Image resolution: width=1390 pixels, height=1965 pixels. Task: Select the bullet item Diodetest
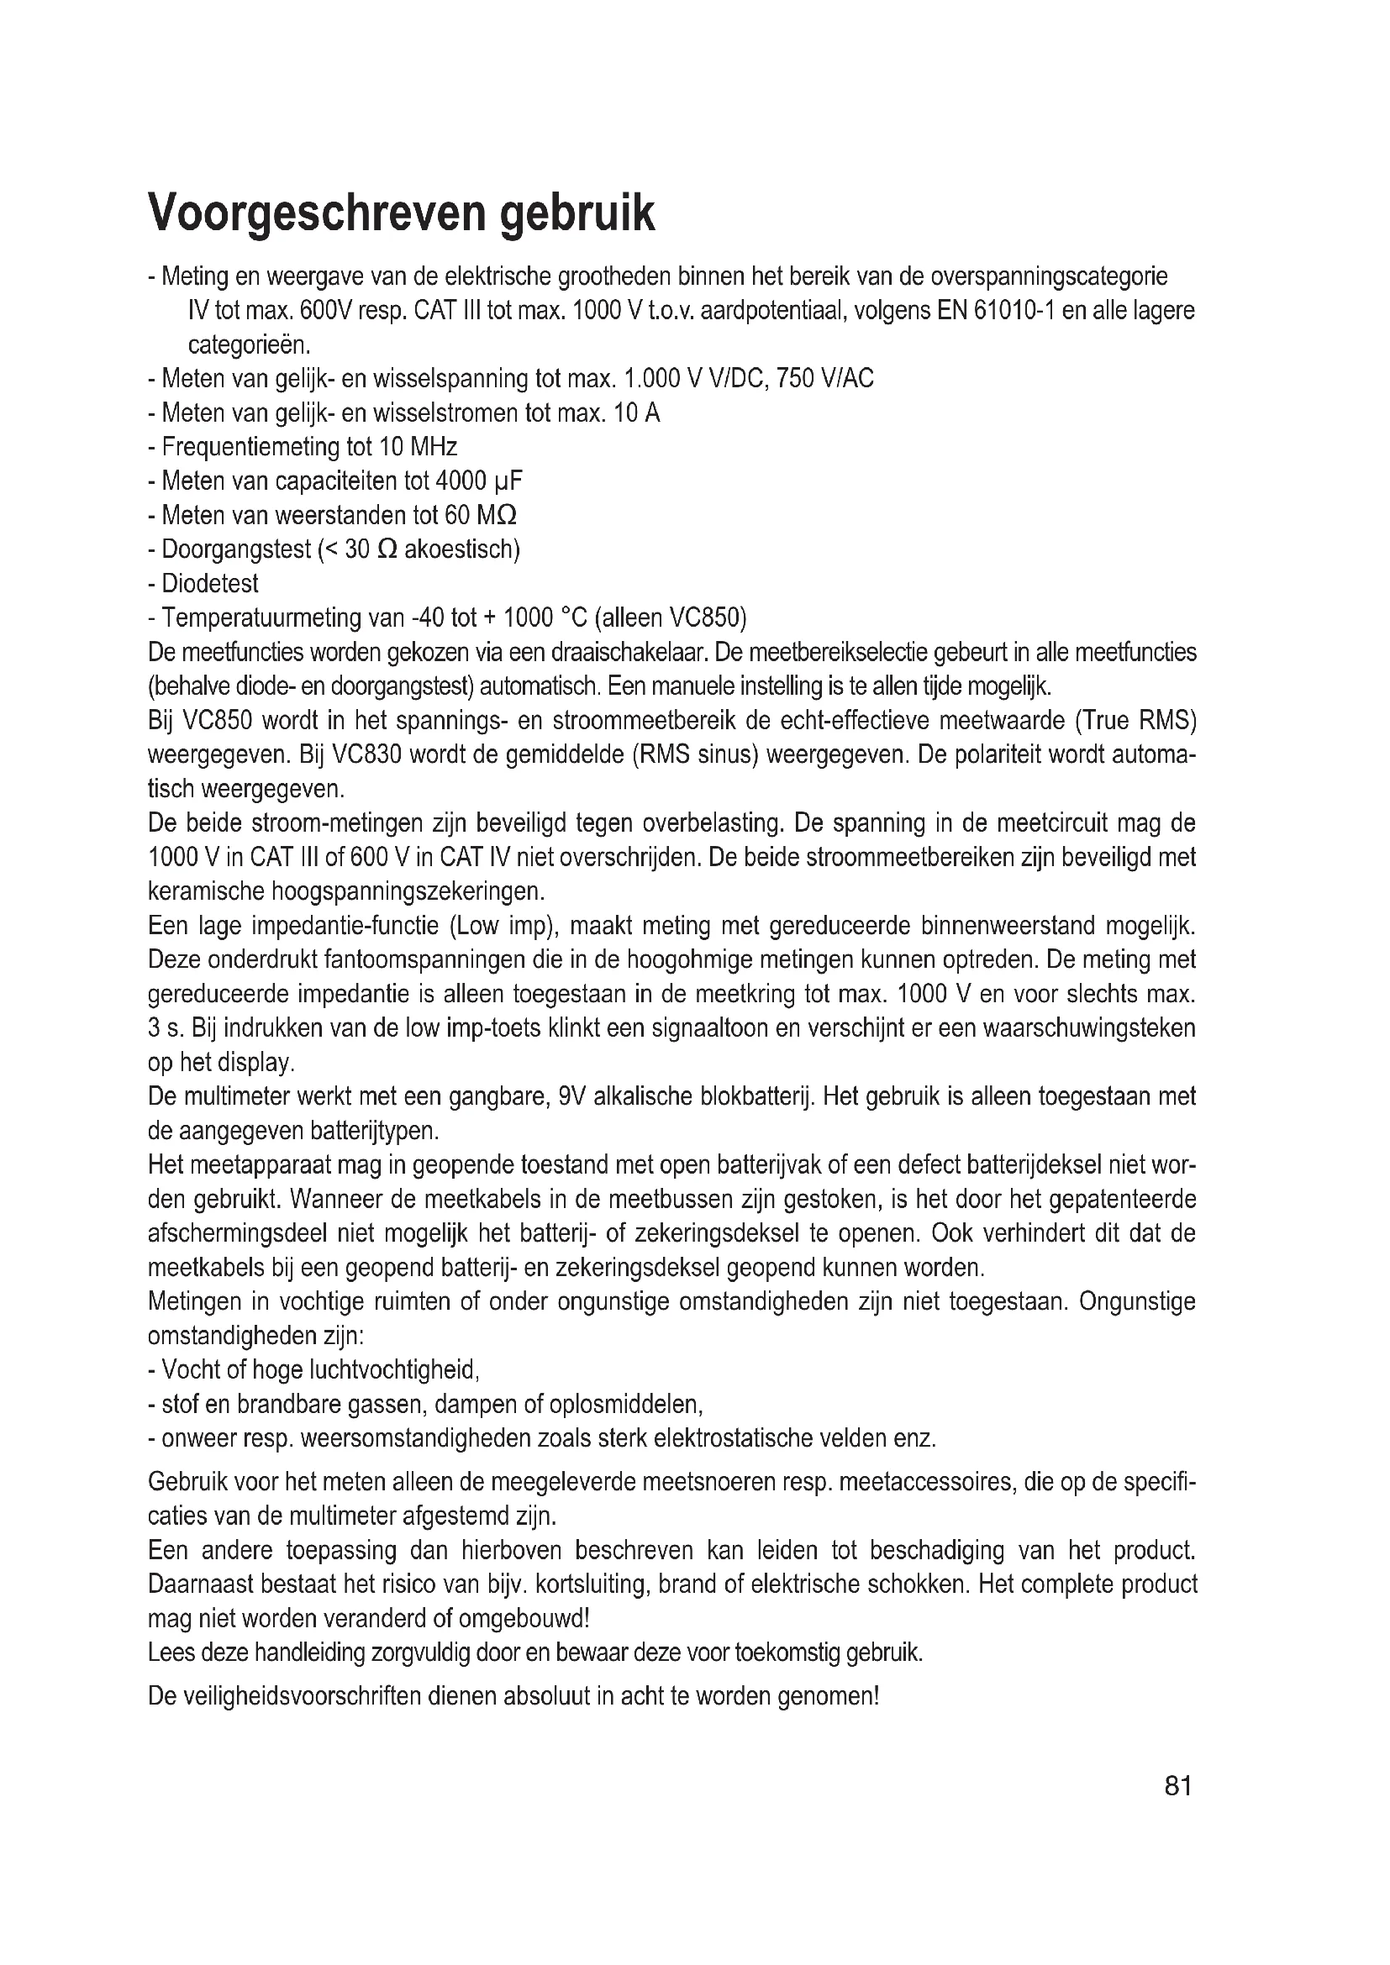pos(210,584)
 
